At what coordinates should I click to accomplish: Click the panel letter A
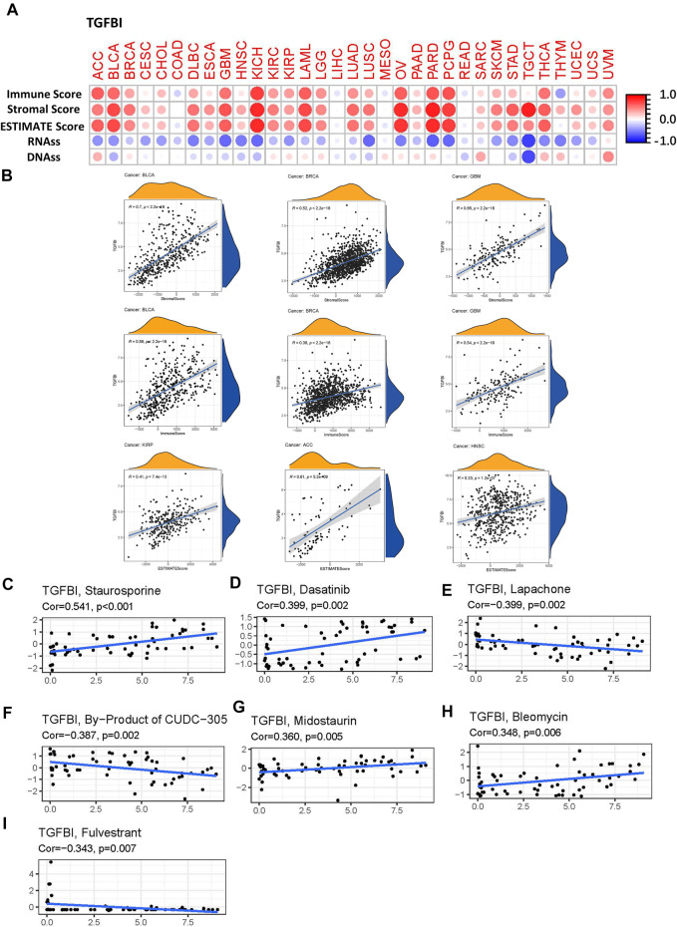12,8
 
